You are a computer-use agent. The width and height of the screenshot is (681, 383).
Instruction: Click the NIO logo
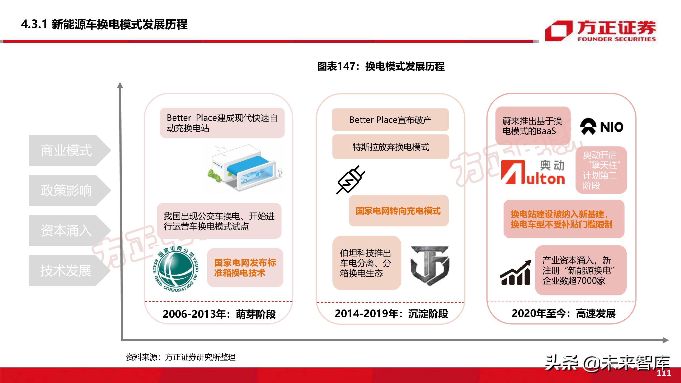[601, 127]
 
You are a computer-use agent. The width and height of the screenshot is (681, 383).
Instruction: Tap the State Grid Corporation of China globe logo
[176, 269]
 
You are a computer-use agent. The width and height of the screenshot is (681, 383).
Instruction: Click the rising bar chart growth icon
[515, 272]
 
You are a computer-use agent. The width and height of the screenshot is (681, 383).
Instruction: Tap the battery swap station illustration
[245, 168]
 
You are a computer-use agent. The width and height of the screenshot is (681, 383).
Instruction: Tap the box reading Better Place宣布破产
[390, 120]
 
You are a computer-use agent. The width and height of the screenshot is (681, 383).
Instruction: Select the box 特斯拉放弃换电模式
[390, 147]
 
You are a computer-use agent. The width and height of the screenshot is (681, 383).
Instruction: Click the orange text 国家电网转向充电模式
[398, 211]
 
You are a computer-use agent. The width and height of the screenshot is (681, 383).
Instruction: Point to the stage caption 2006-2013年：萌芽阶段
[219, 314]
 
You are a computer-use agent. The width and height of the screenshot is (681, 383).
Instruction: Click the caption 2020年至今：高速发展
[563, 314]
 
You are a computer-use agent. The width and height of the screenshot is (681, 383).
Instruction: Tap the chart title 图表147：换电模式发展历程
[381, 66]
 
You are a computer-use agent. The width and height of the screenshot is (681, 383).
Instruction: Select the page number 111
[664, 373]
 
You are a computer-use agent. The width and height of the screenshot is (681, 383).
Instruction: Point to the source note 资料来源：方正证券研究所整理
[181, 357]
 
